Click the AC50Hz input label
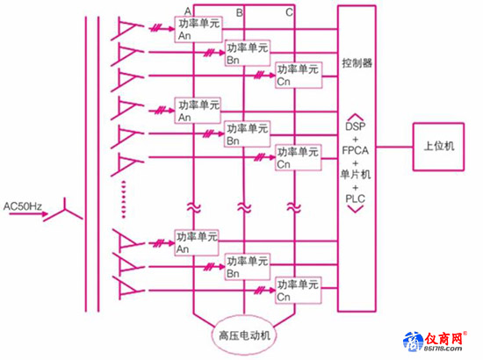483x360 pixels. pyautogui.click(x=23, y=206)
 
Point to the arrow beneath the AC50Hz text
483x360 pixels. pyautogui.click(x=28, y=213)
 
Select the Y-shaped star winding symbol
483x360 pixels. pyautogui.click(x=63, y=211)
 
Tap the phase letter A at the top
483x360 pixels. pyautogui.click(x=188, y=11)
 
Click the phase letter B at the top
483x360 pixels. pyautogui.click(x=239, y=12)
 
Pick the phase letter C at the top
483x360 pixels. pyautogui.click(x=289, y=12)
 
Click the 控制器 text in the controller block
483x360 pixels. pyautogui.click(x=357, y=63)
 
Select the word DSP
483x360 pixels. pyautogui.click(x=356, y=126)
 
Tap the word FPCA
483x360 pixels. pyautogui.click(x=355, y=150)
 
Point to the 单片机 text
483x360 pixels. pyautogui.click(x=355, y=175)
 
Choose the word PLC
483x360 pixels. pyautogui.click(x=355, y=198)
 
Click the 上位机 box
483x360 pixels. pyautogui.click(x=438, y=147)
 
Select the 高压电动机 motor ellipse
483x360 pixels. pyautogui.click(x=244, y=335)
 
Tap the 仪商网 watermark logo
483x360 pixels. pyautogui.click(x=435, y=342)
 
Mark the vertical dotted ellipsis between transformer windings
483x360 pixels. pyautogui.click(x=124, y=199)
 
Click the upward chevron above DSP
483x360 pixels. pyautogui.click(x=356, y=117)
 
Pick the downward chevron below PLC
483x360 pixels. pyautogui.click(x=356, y=209)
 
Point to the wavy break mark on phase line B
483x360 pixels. pyautogui.click(x=244, y=207)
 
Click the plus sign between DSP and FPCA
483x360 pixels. pyautogui.click(x=356, y=139)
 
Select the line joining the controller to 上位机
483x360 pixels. pyautogui.click(x=394, y=147)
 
